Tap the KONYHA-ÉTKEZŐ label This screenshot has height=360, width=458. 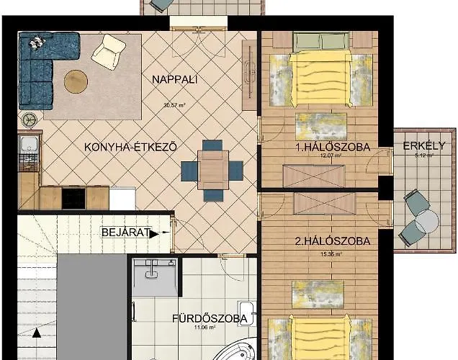130,147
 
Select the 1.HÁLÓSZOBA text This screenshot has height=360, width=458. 333,147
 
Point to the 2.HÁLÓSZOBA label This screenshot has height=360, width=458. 333,241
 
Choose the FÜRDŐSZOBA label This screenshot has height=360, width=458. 210,318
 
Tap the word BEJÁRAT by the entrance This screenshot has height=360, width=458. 125,233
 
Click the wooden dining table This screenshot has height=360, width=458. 213,170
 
